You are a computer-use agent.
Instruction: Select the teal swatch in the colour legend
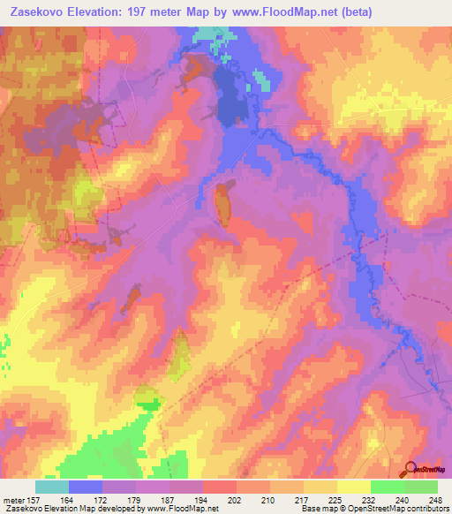pyautogui.click(x=52, y=487)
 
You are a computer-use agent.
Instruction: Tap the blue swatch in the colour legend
pyautogui.click(x=86, y=487)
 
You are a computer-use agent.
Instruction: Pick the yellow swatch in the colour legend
pyautogui.click(x=353, y=487)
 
